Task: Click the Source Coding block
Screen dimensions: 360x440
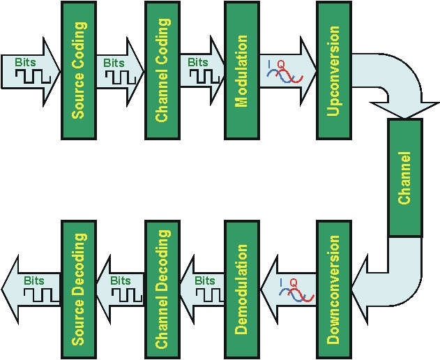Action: pos(78,70)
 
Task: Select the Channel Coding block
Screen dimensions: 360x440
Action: pos(162,70)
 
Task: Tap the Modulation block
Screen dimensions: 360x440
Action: pos(242,70)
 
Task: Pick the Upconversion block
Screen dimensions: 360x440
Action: pos(333,70)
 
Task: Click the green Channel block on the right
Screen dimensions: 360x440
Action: pos(404,178)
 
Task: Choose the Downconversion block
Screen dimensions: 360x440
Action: pos(333,290)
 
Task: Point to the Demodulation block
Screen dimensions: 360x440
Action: pos(242,290)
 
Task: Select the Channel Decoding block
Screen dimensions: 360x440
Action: pos(162,290)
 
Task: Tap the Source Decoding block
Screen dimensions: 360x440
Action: pos(78,290)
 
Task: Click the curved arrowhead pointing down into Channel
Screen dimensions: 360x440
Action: pos(404,105)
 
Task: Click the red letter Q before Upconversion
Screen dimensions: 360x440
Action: pos(281,64)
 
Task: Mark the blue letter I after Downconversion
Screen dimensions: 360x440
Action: pos(281,281)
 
